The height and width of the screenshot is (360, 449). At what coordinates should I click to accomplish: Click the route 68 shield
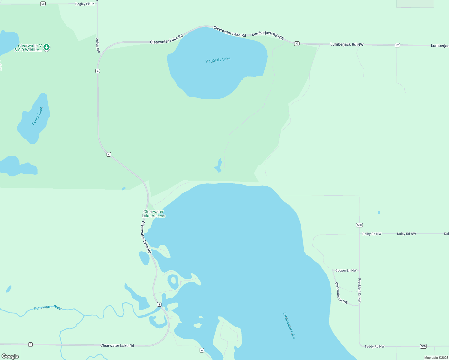click(x=43, y=4)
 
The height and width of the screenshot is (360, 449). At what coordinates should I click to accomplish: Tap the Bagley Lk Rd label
click(x=85, y=4)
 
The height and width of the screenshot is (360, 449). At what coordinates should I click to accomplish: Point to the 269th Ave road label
click(x=98, y=45)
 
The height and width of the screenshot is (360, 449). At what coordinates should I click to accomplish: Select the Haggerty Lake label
click(x=218, y=60)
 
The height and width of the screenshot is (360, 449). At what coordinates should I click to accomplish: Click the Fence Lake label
click(x=37, y=116)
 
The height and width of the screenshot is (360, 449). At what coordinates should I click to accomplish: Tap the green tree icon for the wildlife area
click(x=47, y=47)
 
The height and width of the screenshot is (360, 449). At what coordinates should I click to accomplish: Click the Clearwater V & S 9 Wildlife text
click(x=28, y=48)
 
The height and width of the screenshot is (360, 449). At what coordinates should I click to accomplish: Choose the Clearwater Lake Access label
click(x=153, y=214)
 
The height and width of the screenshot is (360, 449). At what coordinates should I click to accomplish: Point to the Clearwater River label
click(x=48, y=307)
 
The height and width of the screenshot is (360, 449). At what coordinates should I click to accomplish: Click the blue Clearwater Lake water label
click(x=289, y=325)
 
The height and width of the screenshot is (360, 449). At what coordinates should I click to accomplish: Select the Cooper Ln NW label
click(x=346, y=271)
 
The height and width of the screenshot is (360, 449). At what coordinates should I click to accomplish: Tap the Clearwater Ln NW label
click(x=341, y=293)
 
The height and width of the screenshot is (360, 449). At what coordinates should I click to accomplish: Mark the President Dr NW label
click(x=360, y=290)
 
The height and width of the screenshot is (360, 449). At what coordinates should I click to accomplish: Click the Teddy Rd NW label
click(x=374, y=346)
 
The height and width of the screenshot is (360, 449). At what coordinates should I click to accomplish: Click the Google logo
click(x=10, y=356)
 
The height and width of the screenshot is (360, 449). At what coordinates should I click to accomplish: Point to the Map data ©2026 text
click(x=436, y=358)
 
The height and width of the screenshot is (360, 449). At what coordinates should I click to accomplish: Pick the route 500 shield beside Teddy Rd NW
click(x=423, y=346)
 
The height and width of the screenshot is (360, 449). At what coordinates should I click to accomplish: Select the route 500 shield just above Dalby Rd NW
click(x=359, y=225)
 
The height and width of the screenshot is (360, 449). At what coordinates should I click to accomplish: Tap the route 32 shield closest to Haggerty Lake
click(x=297, y=43)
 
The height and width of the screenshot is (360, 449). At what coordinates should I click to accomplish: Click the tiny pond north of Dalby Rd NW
click(x=379, y=212)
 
